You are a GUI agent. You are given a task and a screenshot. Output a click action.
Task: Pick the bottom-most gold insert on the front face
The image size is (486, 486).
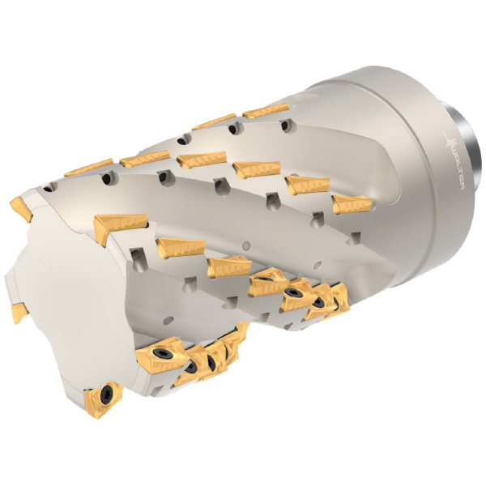pos(103,399)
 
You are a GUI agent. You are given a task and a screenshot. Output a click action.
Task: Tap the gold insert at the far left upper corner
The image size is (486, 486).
pos(22,208)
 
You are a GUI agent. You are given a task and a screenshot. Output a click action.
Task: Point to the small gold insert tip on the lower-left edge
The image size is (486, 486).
pos(19,313)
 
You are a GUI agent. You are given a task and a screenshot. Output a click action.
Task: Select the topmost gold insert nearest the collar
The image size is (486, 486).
pos(266,110)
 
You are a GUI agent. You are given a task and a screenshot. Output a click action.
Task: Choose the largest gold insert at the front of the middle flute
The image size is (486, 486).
pos(120,227)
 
